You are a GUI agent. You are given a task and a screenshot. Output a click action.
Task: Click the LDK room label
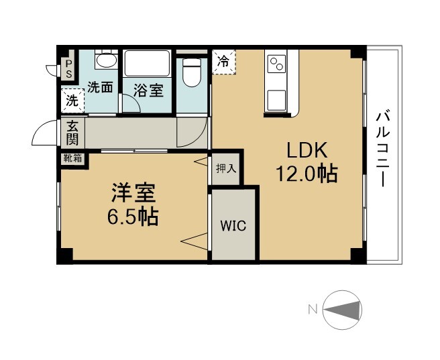point(307,150)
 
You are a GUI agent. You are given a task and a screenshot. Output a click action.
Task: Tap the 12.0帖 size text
point(307,174)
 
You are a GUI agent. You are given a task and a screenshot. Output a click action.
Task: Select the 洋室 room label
point(133,193)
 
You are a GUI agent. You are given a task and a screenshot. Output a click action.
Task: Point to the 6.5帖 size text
point(133,217)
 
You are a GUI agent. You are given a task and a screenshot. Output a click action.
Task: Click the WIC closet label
point(233,226)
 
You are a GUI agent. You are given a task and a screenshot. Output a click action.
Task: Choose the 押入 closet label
point(226,168)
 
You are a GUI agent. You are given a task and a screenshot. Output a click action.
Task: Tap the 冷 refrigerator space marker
point(223,62)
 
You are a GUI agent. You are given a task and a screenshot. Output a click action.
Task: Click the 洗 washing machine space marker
point(72,100)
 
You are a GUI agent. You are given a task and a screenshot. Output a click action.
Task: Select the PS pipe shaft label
point(68,69)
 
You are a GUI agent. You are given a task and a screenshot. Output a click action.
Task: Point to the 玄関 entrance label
point(72,133)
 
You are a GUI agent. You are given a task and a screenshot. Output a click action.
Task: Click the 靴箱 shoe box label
point(72,158)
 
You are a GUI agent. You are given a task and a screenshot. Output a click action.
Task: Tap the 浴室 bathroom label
point(148,91)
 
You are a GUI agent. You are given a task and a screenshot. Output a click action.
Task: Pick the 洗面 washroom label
point(100,87)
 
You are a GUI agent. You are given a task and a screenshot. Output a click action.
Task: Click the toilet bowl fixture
point(192,72)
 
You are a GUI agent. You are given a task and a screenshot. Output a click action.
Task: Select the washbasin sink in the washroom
point(107,60)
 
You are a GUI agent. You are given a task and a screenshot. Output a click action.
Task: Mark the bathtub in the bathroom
point(147,64)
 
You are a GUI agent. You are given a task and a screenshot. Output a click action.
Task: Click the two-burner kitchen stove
point(276,64)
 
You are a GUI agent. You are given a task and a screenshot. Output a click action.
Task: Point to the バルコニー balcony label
point(383,149)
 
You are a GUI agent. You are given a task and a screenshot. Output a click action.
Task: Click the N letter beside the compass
point(313,310)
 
